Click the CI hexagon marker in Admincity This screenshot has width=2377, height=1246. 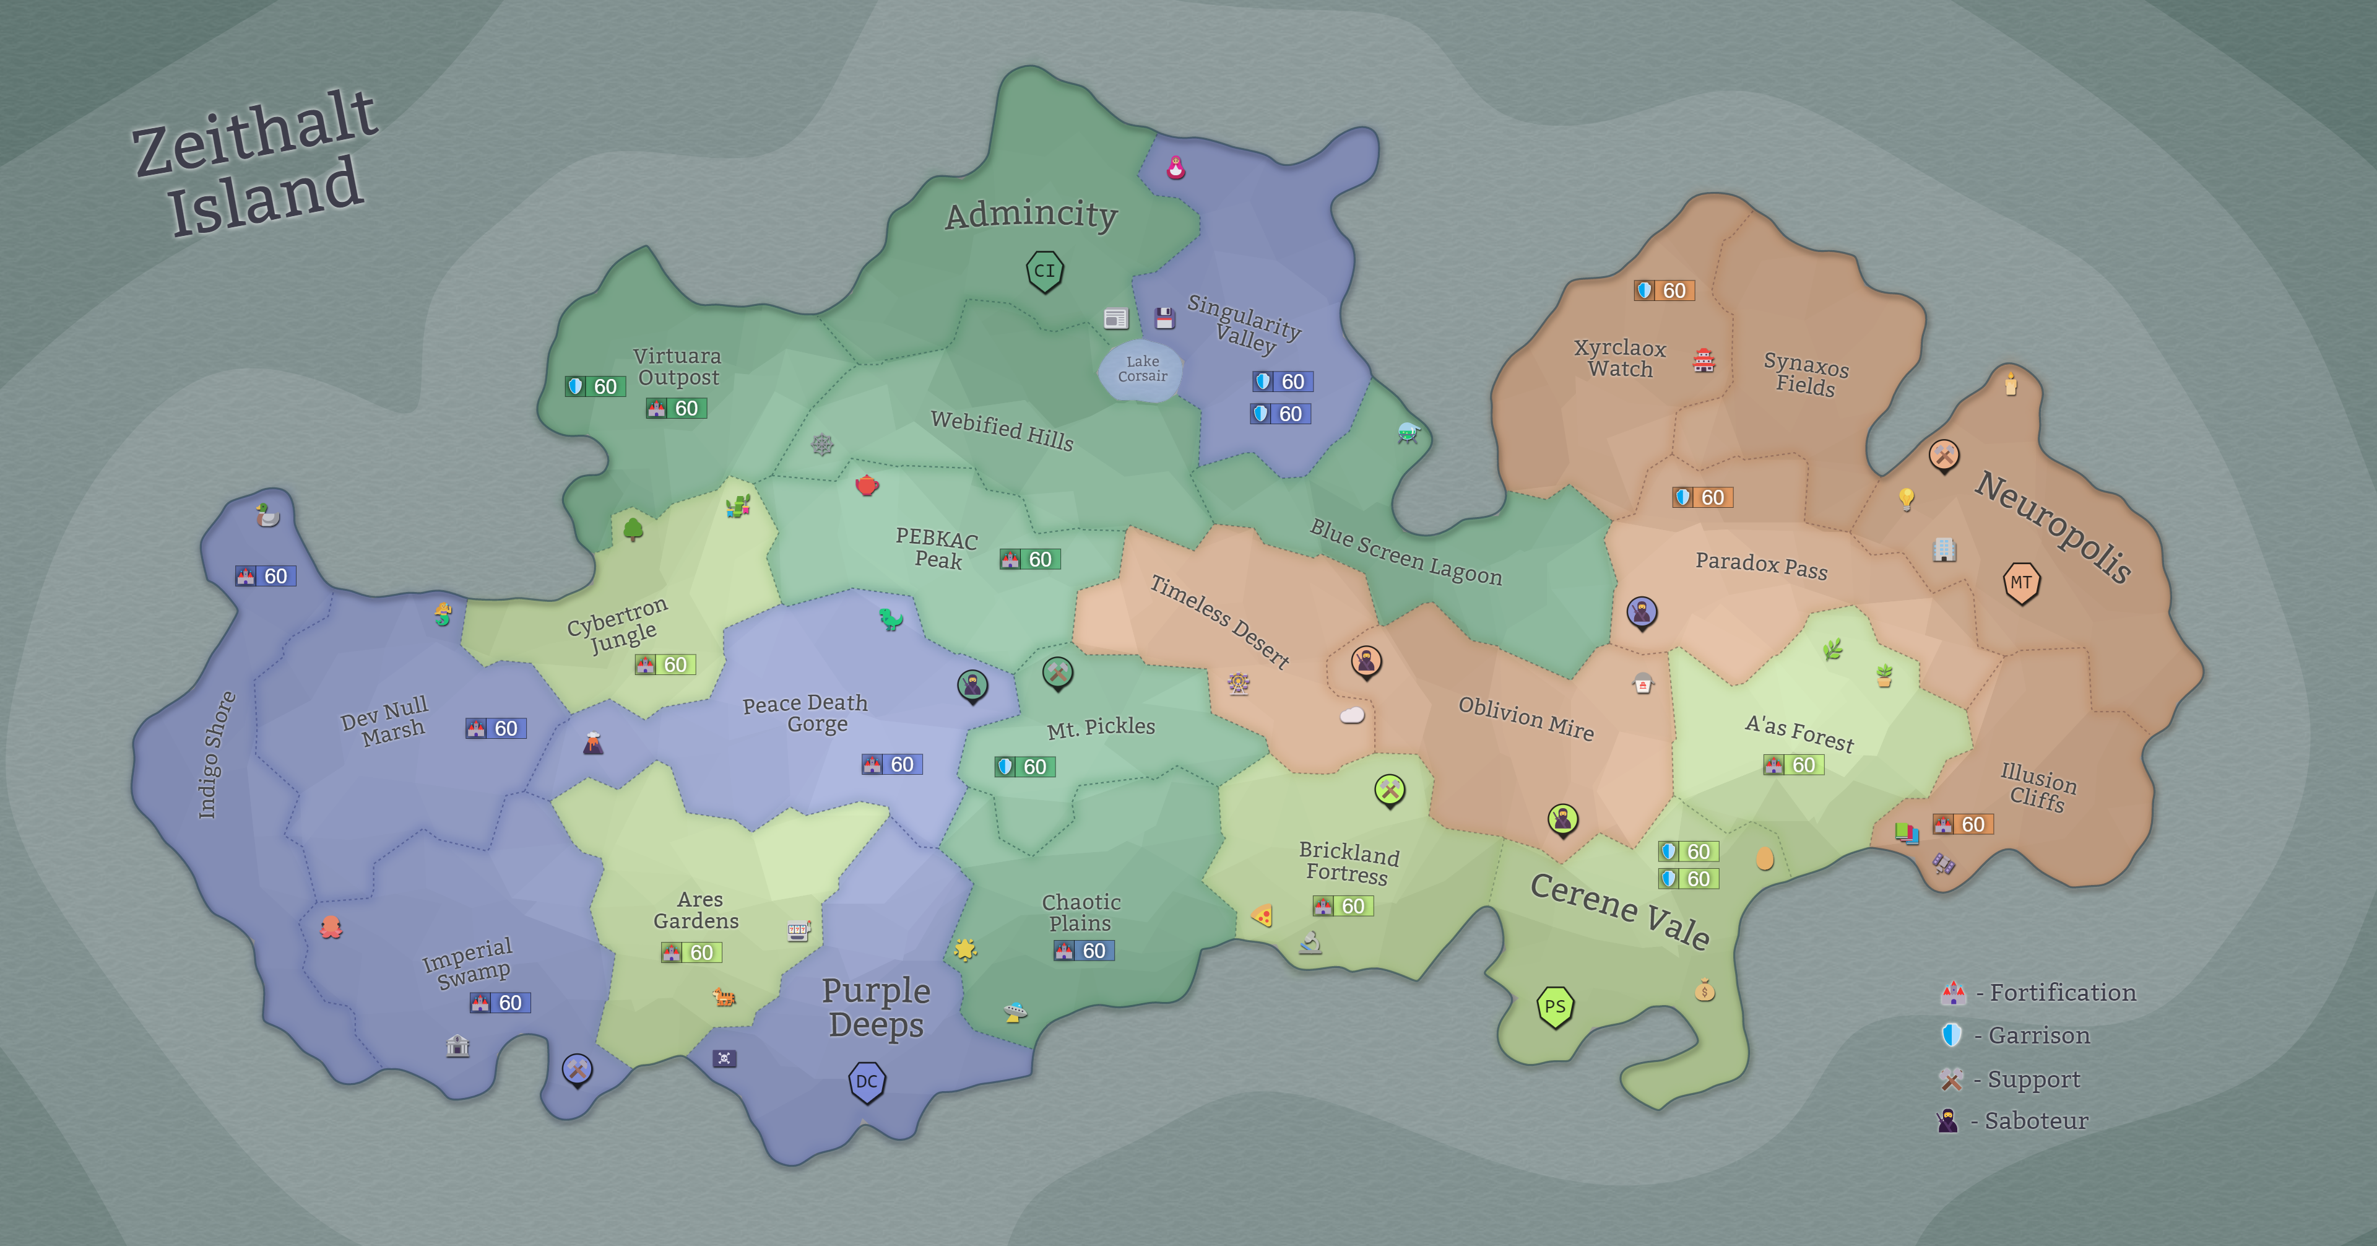click(x=1044, y=271)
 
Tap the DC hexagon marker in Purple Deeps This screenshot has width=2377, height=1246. click(x=867, y=1082)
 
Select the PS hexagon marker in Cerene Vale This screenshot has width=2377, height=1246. click(x=1555, y=1006)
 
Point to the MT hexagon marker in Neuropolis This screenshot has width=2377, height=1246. click(x=2021, y=582)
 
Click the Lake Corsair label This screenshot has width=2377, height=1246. click(x=1142, y=368)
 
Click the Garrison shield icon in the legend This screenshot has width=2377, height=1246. click(x=1951, y=1035)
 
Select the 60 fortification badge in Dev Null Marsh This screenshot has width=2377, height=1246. click(x=495, y=728)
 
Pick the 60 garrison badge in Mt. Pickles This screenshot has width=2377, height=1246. click(x=1024, y=767)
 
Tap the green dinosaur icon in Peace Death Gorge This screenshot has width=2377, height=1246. click(x=891, y=619)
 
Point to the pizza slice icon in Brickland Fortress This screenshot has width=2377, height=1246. click(x=1262, y=915)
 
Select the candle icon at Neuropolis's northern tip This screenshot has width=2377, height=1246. click(x=2011, y=383)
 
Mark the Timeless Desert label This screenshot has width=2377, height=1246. click(x=1219, y=621)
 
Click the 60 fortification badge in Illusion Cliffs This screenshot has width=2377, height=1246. click(x=1963, y=824)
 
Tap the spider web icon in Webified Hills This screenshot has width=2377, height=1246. click(x=822, y=445)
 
